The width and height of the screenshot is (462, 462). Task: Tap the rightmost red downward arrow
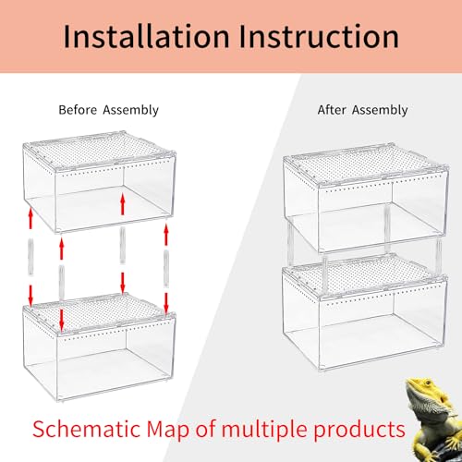pos(167,299)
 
